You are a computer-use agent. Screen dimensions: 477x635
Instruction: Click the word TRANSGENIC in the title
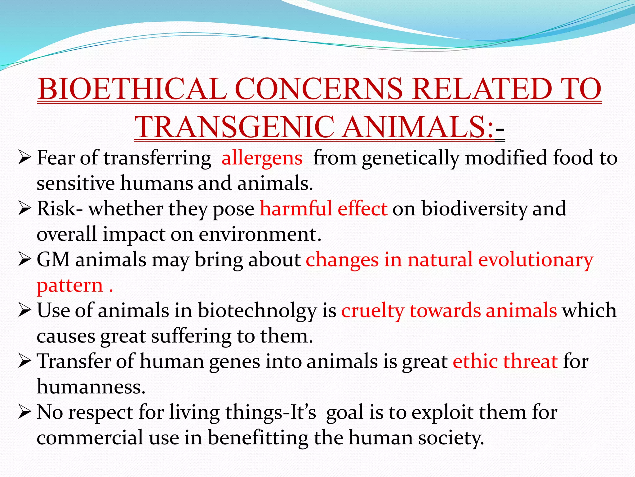[x=234, y=128]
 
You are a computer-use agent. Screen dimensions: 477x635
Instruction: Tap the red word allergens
[x=262, y=158]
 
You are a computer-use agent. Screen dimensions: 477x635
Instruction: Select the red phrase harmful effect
[x=323, y=208]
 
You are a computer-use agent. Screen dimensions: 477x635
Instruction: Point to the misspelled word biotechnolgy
[x=257, y=311]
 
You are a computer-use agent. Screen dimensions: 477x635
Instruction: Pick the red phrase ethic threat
[x=505, y=361]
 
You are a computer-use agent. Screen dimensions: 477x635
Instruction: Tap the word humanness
[x=91, y=387]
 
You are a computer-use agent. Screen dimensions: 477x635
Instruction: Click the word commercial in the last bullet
[x=90, y=438]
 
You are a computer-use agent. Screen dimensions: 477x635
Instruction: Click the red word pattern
[x=70, y=286]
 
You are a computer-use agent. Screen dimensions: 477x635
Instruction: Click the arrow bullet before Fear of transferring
[x=24, y=157]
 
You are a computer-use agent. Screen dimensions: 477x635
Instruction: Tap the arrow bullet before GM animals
[x=24, y=259]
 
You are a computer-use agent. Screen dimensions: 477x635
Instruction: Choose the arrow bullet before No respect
[x=24, y=412]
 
